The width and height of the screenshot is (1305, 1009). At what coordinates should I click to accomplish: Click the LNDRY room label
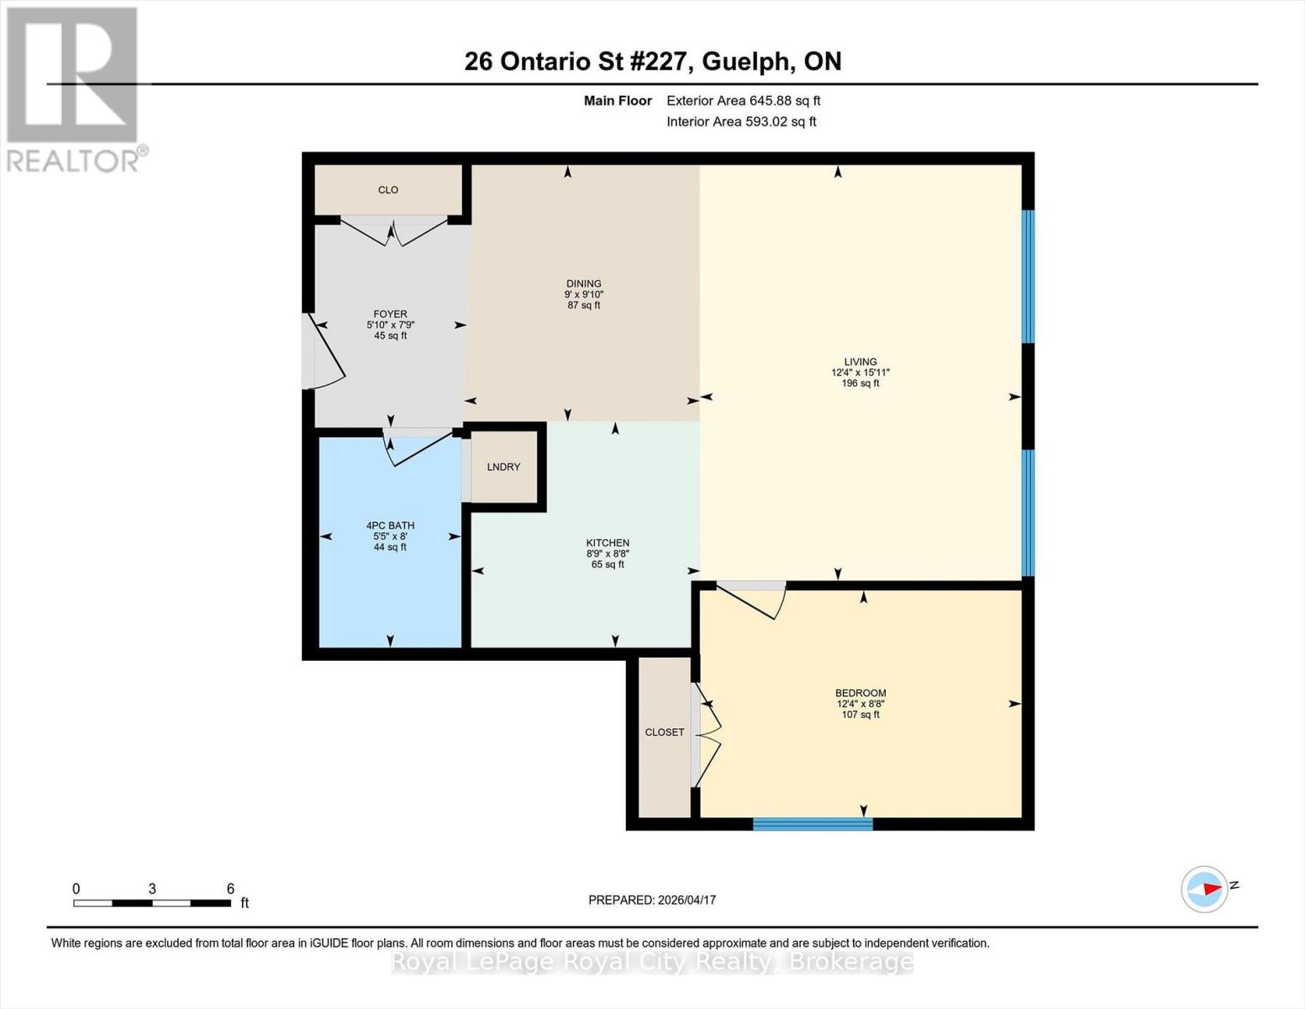click(x=503, y=467)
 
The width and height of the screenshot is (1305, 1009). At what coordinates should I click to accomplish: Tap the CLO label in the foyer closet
click(x=387, y=190)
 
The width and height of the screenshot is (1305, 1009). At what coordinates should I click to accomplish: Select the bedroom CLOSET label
click(x=664, y=732)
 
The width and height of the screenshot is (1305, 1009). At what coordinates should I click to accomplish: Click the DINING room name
click(x=583, y=283)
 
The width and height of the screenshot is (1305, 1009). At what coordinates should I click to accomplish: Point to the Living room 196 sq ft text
click(x=860, y=383)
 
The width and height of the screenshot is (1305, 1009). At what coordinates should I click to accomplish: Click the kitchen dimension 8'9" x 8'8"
click(x=608, y=554)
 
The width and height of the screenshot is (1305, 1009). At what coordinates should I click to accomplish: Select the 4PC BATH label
click(x=390, y=526)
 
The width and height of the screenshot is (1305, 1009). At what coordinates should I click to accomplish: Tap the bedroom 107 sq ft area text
click(x=860, y=715)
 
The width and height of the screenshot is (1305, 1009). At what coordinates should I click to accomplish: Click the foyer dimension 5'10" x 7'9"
click(x=390, y=325)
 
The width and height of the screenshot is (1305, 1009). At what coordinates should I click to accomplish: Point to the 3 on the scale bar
click(x=152, y=889)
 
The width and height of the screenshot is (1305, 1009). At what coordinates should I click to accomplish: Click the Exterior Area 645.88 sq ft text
click(x=743, y=101)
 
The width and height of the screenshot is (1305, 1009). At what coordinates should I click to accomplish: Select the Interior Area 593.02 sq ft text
click(x=741, y=122)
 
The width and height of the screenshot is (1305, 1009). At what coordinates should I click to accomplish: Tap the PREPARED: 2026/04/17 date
click(x=652, y=900)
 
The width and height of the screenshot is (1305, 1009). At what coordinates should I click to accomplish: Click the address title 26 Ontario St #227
click(x=580, y=61)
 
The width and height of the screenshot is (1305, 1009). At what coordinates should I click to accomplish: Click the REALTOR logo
click(x=74, y=88)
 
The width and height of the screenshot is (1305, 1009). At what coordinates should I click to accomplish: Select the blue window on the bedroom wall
click(x=813, y=824)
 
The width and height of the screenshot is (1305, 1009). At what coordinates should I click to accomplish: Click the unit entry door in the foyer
click(x=324, y=353)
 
